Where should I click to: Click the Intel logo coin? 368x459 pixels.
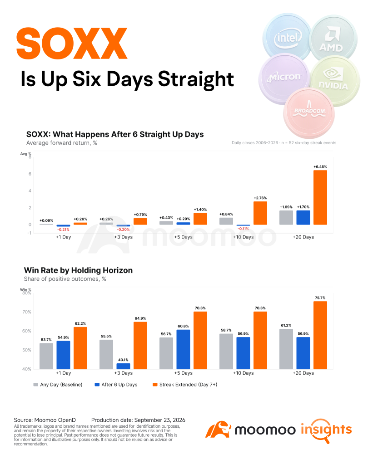click(287, 37)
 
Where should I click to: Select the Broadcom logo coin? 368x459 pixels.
click(309, 112)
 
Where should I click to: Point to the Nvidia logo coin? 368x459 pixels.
click(335, 80)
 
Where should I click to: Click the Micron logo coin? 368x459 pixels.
click(284, 79)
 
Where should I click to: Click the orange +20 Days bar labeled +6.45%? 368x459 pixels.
click(320, 197)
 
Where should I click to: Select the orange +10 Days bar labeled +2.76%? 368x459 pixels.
click(260, 213)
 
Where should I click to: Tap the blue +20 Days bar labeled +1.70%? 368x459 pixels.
click(303, 218)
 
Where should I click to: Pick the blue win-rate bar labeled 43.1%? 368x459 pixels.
click(124, 366)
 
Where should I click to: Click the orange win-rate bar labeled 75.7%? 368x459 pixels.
click(320, 335)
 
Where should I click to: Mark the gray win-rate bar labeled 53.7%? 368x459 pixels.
click(46, 356)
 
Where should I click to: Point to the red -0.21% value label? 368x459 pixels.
click(63, 229)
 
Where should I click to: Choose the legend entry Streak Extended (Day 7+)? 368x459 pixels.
click(185, 385)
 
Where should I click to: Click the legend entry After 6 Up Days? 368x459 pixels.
click(116, 385)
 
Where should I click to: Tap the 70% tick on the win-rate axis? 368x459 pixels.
click(27, 312)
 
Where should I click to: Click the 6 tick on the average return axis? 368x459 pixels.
click(30, 174)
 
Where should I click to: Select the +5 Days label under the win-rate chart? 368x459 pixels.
click(183, 373)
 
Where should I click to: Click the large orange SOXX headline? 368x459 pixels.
click(72, 44)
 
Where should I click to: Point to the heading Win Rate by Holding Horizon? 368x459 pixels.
click(78, 270)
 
